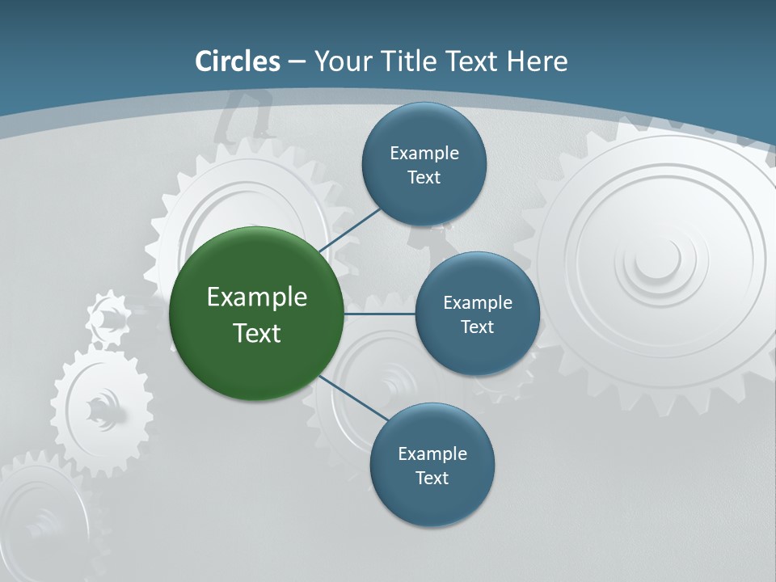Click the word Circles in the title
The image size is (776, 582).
tap(238, 61)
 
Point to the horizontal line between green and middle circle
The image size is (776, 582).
tap(379, 314)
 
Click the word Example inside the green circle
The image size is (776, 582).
tap(257, 297)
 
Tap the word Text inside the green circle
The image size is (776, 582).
tap(257, 333)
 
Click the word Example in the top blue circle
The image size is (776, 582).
tap(424, 153)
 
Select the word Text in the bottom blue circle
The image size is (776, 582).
tap(432, 478)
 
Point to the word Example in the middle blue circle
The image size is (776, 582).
tap(478, 303)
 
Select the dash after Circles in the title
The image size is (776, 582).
tap(297, 62)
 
